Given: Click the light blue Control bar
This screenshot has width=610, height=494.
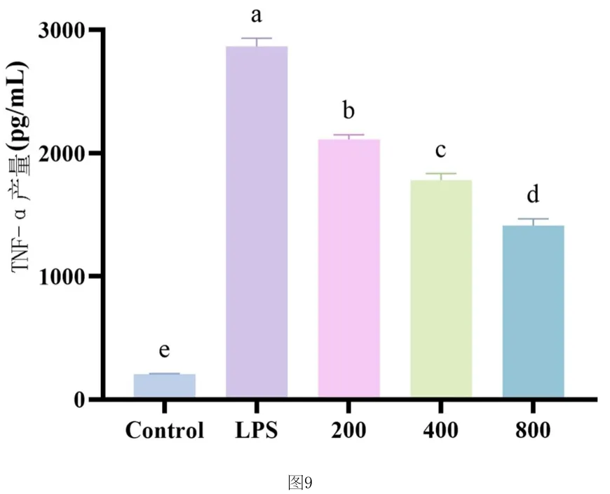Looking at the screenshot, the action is [x=164, y=385].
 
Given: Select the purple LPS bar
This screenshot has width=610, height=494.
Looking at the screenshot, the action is [x=257, y=221].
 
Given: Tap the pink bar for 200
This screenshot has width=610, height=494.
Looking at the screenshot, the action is [x=349, y=268].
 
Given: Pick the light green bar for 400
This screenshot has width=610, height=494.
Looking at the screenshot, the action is [x=441, y=289].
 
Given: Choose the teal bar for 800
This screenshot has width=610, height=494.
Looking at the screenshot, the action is [x=534, y=311].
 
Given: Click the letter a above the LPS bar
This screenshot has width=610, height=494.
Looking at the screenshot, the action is [x=257, y=16].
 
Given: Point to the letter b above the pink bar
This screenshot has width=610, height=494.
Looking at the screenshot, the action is [x=348, y=110].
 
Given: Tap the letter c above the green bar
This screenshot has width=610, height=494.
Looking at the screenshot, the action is [x=440, y=150].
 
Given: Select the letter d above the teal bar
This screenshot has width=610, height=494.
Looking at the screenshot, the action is [x=533, y=193].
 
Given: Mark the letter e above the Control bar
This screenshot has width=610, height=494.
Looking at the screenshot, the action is [x=164, y=350].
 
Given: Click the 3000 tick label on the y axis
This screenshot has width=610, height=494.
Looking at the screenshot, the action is [x=62, y=30].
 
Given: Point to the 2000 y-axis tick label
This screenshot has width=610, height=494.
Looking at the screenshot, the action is [x=62, y=153].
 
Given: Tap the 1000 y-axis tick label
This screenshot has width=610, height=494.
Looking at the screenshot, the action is [x=62, y=277].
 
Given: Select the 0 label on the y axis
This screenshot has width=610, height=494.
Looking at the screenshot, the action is [x=79, y=400].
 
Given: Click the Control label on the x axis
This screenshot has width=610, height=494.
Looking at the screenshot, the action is [x=165, y=430].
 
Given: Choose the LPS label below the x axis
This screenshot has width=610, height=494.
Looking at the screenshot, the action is [x=257, y=430].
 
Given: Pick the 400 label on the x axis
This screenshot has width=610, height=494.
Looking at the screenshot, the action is [x=441, y=430].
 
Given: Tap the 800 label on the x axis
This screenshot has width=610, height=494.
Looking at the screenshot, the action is [x=533, y=430].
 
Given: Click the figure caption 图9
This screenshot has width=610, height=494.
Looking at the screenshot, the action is [x=300, y=483].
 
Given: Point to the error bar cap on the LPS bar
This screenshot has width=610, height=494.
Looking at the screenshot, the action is [x=257, y=38].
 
